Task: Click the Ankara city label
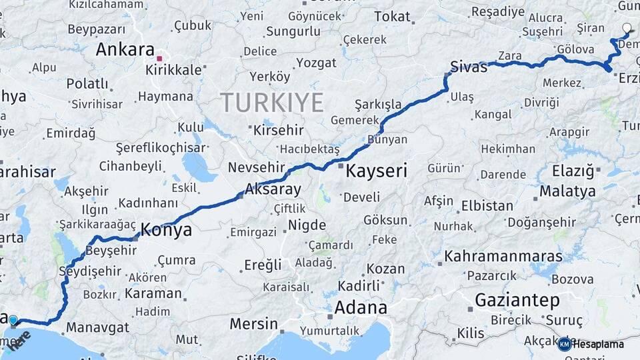[125, 49]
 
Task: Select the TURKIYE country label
[271, 102]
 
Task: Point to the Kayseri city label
[376, 171]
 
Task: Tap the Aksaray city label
[273, 189]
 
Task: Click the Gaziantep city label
[517, 300]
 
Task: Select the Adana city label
[360, 307]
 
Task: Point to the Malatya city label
[567, 191]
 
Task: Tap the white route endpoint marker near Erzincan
[626, 28]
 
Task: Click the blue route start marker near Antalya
[13, 321]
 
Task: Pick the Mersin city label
[253, 324]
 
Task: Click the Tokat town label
[392, 16]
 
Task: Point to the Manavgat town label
[97, 327]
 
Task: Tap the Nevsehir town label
[257, 167]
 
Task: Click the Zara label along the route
[509, 56]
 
